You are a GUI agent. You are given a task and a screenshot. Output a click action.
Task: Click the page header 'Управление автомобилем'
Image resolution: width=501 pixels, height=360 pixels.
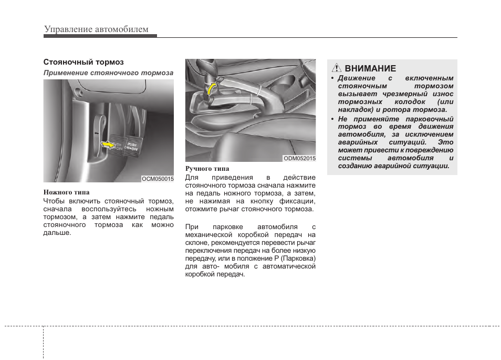(x=96, y=29)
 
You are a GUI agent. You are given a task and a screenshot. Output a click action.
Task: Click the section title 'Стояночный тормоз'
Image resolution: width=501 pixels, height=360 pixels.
(x=83, y=62)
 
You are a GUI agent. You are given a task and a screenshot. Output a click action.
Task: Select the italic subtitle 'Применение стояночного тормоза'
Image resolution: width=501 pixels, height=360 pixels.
(x=108, y=73)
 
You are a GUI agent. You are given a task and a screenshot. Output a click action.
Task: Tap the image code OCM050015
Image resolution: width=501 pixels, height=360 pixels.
(x=158, y=179)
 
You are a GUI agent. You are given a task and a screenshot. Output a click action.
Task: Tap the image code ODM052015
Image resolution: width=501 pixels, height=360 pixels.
(x=299, y=158)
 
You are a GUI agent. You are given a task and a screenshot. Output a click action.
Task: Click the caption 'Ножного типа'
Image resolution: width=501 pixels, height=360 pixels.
(x=66, y=192)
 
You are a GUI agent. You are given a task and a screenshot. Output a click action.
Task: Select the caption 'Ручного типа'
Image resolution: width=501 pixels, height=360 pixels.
(x=207, y=169)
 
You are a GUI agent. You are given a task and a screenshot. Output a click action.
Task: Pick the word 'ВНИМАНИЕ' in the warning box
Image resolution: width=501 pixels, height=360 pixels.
(x=370, y=68)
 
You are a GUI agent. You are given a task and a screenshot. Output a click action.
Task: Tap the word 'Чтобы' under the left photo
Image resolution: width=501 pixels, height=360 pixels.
(x=54, y=201)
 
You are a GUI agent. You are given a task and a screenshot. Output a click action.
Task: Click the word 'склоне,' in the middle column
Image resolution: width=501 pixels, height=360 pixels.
(x=198, y=243)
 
